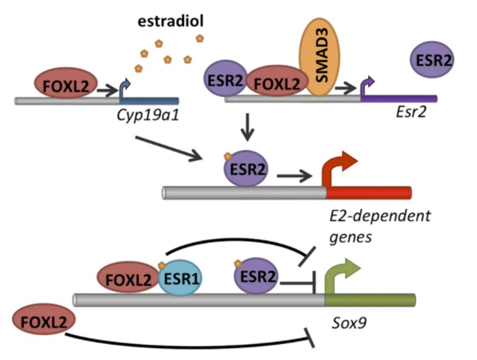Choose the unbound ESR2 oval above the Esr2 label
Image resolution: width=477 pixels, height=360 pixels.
432,60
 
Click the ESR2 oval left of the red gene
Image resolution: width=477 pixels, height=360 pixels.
246,169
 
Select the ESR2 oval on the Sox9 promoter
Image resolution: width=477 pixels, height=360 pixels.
255,277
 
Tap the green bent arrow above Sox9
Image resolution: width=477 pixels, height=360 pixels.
342,276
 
